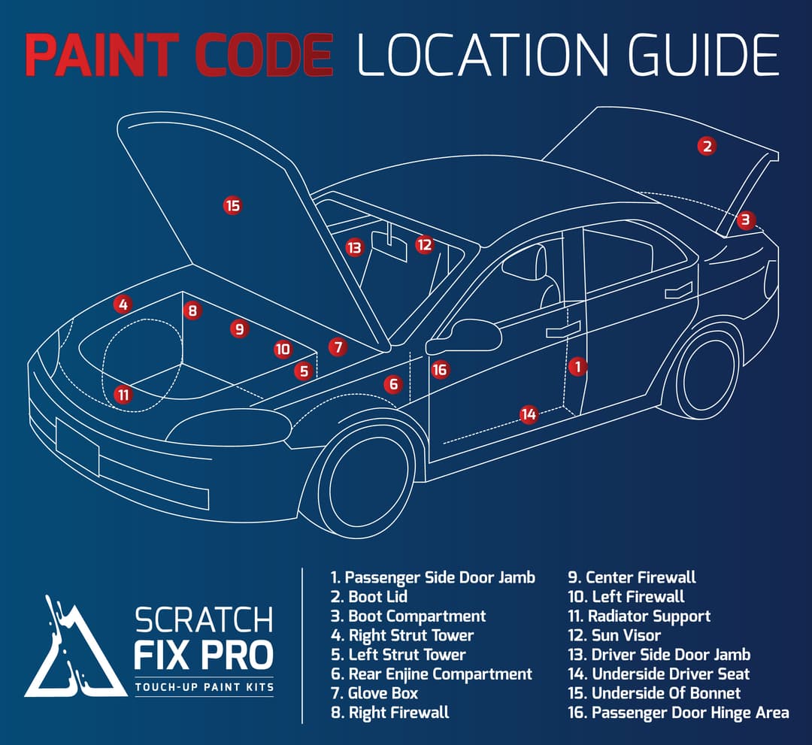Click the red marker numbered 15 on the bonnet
pyautogui.click(x=233, y=204)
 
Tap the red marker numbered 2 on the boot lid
pyautogui.click(x=706, y=146)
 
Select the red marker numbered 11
pyautogui.click(x=123, y=394)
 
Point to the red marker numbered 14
pyautogui.click(x=529, y=414)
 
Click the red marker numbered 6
pyautogui.click(x=393, y=385)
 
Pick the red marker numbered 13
pyautogui.click(x=354, y=247)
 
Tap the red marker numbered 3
pyautogui.click(x=745, y=220)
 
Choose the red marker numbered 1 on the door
pyautogui.click(x=577, y=366)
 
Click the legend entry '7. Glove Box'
pyautogui.click(x=374, y=693)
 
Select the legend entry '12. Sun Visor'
pyautogui.click(x=614, y=635)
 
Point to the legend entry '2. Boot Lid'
pyautogui.click(x=369, y=597)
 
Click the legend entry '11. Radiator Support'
pyautogui.click(x=639, y=616)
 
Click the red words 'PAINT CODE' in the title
pyautogui.click(x=179, y=55)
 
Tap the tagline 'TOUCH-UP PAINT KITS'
pyautogui.click(x=203, y=687)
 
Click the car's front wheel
pyautogui.click(x=367, y=481)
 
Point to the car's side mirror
pyautogui.click(x=464, y=336)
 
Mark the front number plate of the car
pyautogui.click(x=77, y=447)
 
